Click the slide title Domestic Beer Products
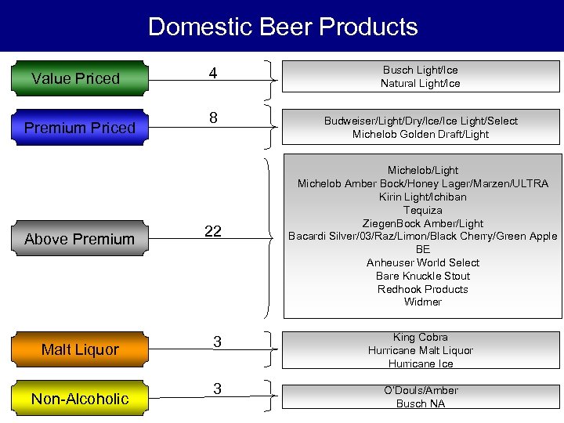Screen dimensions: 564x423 [x=282, y=27]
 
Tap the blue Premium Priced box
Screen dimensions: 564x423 [x=79, y=128]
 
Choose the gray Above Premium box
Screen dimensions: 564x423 [x=79, y=239]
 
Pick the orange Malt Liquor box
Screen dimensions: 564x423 [x=79, y=349]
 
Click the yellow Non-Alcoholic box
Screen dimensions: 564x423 [x=79, y=399]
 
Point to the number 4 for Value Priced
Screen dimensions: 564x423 [x=212, y=74]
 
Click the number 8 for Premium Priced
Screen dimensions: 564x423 [x=212, y=118]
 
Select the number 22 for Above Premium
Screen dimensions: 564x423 [x=212, y=231]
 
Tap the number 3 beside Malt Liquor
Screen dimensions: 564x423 [x=217, y=342]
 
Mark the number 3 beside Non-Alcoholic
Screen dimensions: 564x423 [x=217, y=389]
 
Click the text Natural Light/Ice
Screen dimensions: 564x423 [x=421, y=84]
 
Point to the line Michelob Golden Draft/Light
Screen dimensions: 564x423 [x=421, y=134]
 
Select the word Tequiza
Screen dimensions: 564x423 [x=423, y=210]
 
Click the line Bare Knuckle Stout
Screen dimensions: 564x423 [x=423, y=276]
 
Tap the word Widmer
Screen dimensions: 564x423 [x=423, y=302]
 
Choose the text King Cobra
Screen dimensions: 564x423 [x=421, y=338]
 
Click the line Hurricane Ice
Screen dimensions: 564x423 [x=421, y=363]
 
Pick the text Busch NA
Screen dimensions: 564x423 [x=421, y=403]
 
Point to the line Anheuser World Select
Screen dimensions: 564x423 [x=423, y=262]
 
